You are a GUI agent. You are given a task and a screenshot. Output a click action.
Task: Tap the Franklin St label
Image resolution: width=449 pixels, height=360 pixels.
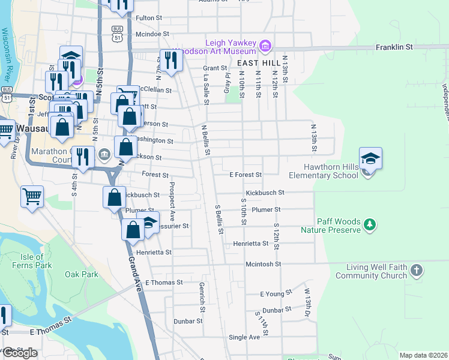click(394, 47)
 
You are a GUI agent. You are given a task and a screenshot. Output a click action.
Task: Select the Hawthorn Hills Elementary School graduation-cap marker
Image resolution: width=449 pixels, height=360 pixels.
click(370, 159)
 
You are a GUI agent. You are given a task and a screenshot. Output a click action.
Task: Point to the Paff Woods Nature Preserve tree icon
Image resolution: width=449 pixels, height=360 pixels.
click(370, 224)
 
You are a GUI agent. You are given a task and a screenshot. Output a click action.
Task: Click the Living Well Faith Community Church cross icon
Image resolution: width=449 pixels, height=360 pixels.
click(417, 271)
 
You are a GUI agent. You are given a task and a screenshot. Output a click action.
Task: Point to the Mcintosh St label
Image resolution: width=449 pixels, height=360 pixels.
click(263, 264)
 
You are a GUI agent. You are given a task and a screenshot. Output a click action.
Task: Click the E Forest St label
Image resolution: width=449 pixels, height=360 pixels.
click(246, 175)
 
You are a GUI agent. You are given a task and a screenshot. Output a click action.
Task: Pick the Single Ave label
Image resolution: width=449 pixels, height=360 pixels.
click(244, 337)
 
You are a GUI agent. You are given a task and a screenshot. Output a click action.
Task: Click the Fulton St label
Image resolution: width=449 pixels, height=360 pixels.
click(149, 18)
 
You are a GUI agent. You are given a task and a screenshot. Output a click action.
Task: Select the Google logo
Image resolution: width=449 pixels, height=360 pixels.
click(20, 353)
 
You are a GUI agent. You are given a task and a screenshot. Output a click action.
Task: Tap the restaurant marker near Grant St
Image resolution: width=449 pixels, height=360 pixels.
click(172, 61)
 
